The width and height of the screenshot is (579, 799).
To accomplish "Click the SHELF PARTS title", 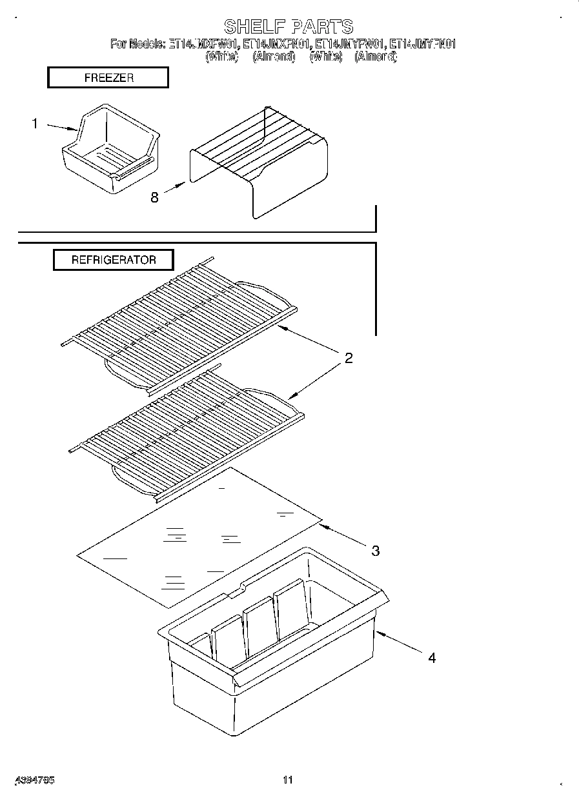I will pyautogui.click(x=289, y=26).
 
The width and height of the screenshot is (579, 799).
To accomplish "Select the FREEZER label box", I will pyautogui.click(x=108, y=78).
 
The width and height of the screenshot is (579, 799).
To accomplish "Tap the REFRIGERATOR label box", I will pyautogui.click(x=114, y=261).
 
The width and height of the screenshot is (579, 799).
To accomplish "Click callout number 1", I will pyautogui.click(x=36, y=123).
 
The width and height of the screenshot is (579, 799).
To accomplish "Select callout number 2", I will pyautogui.click(x=349, y=359).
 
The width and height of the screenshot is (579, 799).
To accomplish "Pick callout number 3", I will pyautogui.click(x=375, y=550).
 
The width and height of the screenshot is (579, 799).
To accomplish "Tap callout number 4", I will pyautogui.click(x=432, y=658).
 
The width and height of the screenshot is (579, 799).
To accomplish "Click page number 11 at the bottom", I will pyautogui.click(x=288, y=780).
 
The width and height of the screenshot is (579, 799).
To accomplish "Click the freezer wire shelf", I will pyautogui.click(x=258, y=161).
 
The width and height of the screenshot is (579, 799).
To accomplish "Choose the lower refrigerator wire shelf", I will pyautogui.click(x=187, y=432).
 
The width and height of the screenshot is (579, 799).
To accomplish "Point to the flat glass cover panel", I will pyautogui.click(x=200, y=538).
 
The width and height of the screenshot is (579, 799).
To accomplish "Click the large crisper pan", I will pyautogui.click(x=271, y=651).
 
